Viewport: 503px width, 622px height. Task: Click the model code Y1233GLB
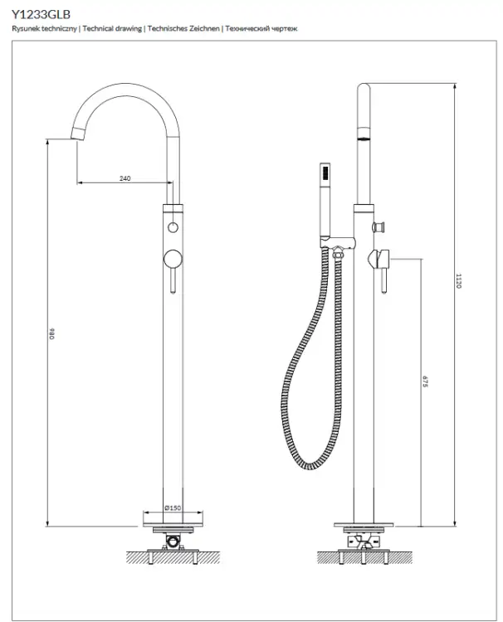point(41,14)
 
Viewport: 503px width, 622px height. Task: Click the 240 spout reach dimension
point(125,178)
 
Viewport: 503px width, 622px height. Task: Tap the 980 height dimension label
point(52,333)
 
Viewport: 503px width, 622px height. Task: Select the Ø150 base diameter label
point(173,508)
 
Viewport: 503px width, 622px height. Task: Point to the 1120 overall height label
point(458,280)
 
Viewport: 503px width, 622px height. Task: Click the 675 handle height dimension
point(425,381)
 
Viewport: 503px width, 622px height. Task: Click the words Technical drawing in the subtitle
point(112,28)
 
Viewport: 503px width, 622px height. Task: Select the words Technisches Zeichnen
point(183,28)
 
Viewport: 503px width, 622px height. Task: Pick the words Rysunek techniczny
point(44,28)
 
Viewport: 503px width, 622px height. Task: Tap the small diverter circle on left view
point(173,227)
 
